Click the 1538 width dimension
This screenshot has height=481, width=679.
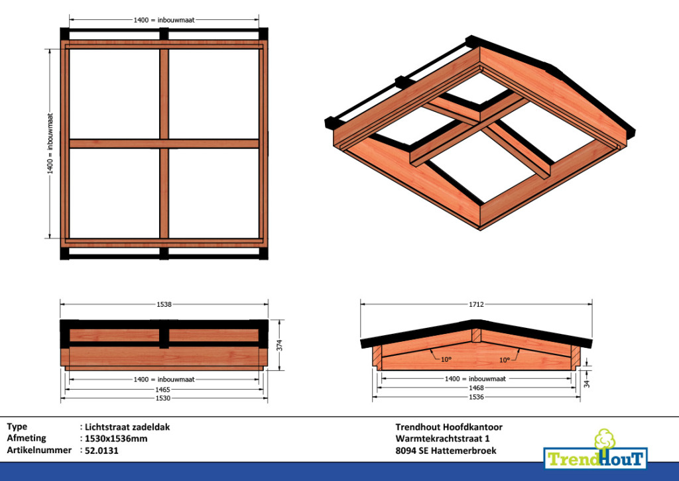pyautogui.click(x=164, y=305)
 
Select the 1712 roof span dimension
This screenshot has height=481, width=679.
pyautogui.click(x=476, y=305)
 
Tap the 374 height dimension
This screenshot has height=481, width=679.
pyautogui.click(x=280, y=345)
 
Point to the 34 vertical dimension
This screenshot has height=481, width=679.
pyautogui.click(x=587, y=383)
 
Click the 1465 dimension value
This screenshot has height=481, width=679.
pyautogui.click(x=163, y=390)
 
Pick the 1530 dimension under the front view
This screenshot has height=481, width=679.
pyautogui.click(x=163, y=398)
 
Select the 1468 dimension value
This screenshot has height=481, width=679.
pyautogui.click(x=476, y=388)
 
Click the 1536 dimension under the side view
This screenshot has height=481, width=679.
pyautogui.click(x=476, y=397)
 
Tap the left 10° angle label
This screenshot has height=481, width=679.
pyautogui.click(x=446, y=360)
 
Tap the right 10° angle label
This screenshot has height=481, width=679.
pyautogui.click(x=505, y=360)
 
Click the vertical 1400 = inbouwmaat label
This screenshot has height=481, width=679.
pyautogui.click(x=50, y=144)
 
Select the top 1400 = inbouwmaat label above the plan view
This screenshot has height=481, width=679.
pyautogui.click(x=164, y=20)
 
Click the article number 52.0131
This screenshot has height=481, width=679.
pyautogui.click(x=101, y=451)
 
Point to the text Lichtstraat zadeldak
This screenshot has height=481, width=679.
pyautogui.click(x=127, y=427)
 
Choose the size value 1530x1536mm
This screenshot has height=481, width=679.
pyautogui.click(x=116, y=439)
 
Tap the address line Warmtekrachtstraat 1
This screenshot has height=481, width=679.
pyautogui.click(x=442, y=439)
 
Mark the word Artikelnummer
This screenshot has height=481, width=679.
pyautogui.click(x=39, y=451)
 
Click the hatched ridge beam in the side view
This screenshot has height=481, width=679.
pyautogui.click(x=476, y=335)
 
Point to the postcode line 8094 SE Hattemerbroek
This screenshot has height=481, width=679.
pyautogui.click(x=446, y=451)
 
